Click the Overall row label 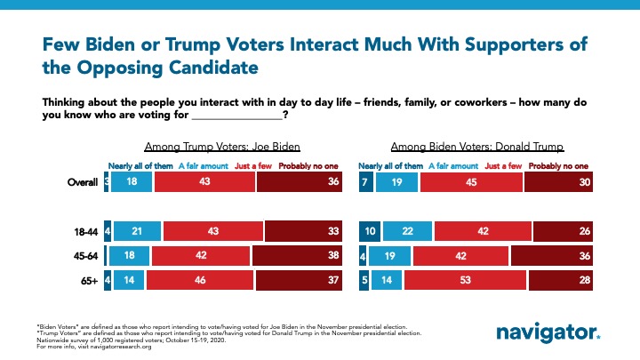coord(83,180)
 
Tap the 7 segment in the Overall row coord(364,180)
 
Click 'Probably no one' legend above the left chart coord(307,165)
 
